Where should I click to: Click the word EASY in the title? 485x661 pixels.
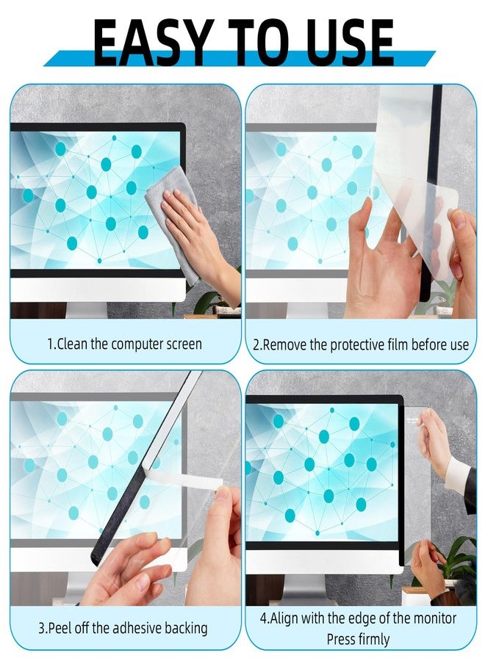[x=151, y=42]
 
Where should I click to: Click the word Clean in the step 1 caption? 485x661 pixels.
[x=73, y=344]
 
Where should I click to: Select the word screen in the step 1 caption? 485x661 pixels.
[x=184, y=344]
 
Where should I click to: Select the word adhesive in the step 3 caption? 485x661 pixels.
[x=137, y=628]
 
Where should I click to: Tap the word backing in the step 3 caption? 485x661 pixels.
[x=186, y=629]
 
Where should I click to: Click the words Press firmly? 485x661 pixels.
[x=358, y=639]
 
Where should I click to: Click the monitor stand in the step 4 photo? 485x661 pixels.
[x=303, y=589]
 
